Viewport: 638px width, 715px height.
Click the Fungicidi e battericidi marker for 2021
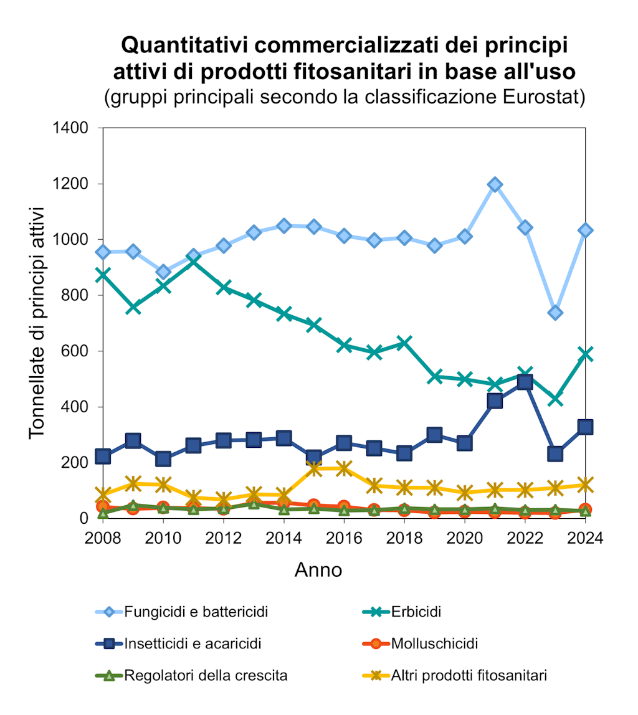click(x=495, y=184)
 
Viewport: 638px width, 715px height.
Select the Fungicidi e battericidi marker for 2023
click(x=555, y=312)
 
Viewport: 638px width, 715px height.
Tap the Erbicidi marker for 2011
click(x=193, y=260)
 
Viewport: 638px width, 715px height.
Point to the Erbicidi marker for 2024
click(x=586, y=354)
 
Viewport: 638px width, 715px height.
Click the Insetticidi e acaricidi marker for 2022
click(x=525, y=382)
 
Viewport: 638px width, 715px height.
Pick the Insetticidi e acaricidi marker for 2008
click(x=103, y=457)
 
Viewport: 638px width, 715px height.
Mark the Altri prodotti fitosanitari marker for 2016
click(x=344, y=468)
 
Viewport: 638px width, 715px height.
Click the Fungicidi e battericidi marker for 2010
click(x=163, y=272)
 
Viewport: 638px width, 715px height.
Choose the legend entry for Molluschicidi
click(x=434, y=643)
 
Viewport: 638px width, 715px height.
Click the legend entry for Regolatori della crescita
click(x=206, y=675)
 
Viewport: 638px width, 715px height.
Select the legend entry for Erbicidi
click(x=416, y=612)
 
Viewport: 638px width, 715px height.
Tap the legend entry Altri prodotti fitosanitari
click(x=469, y=675)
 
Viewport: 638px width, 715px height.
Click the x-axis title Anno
click(x=318, y=570)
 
